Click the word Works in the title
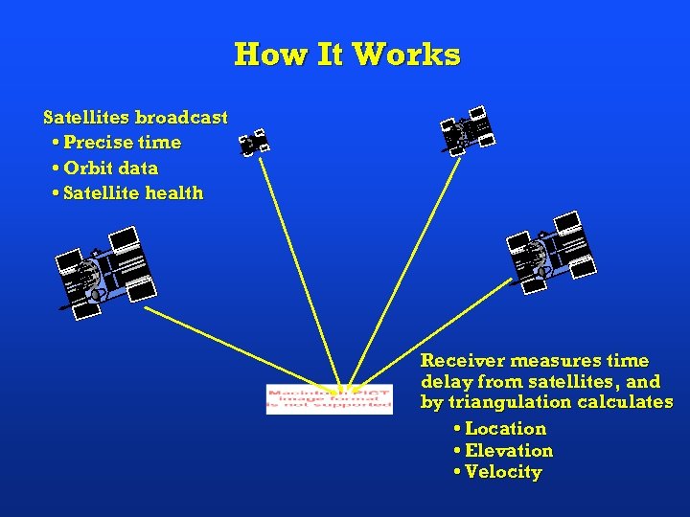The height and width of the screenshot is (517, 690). [x=406, y=55]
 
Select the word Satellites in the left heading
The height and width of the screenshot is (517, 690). [x=86, y=118]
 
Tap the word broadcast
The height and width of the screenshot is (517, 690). [x=181, y=118]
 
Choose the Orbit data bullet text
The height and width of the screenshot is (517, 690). [x=110, y=168]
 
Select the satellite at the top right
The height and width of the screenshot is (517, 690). [x=468, y=132]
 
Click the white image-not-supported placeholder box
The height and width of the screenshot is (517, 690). [x=329, y=397]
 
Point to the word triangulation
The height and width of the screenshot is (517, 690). [x=506, y=402]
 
